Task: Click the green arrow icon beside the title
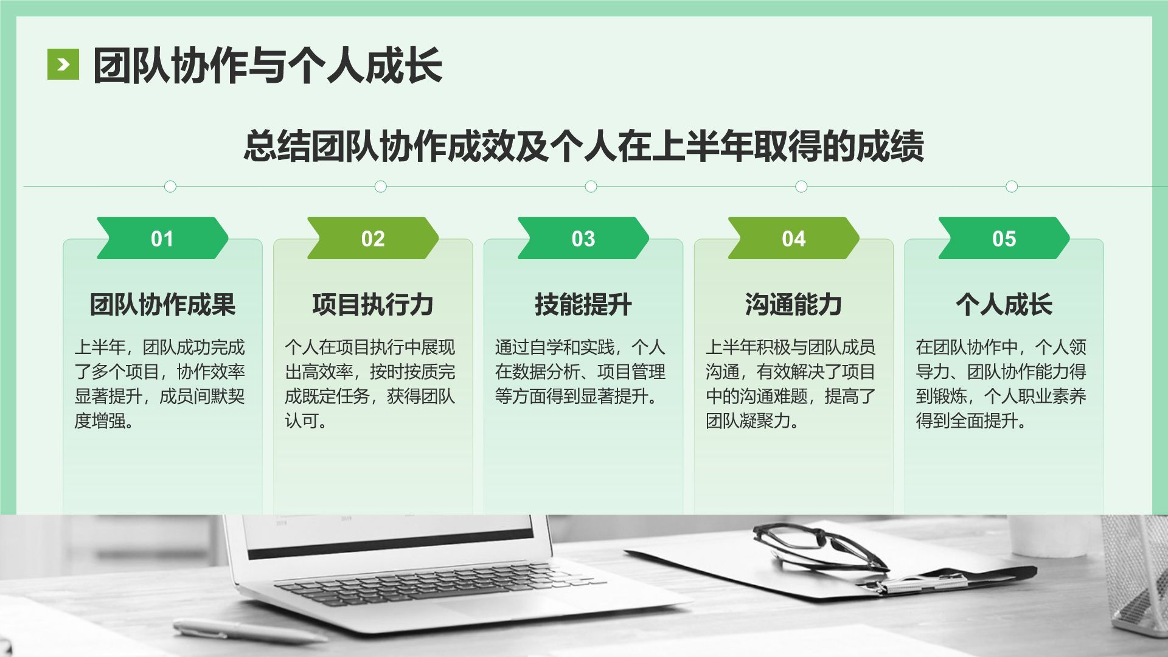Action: click(63, 64)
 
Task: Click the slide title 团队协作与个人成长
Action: click(267, 66)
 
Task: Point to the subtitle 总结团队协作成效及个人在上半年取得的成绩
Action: click(583, 146)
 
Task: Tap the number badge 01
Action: click(162, 238)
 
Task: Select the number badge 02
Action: click(373, 238)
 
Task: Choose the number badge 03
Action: click(583, 238)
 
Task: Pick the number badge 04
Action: click(794, 238)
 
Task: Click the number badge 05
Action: click(1004, 238)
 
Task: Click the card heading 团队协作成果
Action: click(162, 304)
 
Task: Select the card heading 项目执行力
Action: click(373, 304)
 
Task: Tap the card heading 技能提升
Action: click(583, 304)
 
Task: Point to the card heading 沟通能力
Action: click(794, 304)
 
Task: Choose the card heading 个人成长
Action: click(1004, 304)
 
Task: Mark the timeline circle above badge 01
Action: click(170, 186)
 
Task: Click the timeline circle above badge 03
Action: click(591, 186)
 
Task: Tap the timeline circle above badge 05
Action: click(1012, 186)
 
